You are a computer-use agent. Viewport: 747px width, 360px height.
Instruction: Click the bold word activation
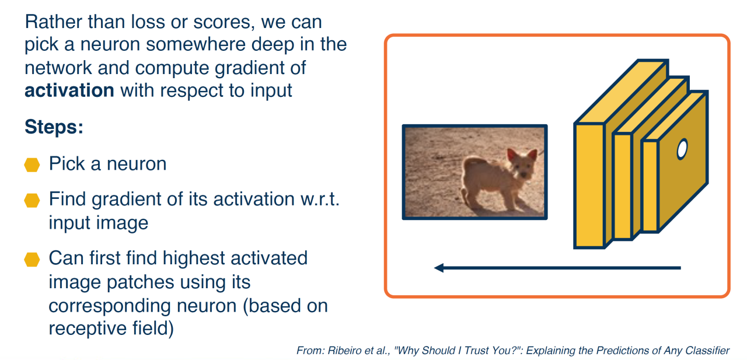coord(69,90)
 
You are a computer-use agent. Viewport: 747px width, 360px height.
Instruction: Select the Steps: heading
coord(54,127)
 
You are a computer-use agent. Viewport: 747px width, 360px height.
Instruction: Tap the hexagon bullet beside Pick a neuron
coord(32,165)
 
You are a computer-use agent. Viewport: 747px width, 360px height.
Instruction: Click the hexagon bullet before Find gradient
coord(32,200)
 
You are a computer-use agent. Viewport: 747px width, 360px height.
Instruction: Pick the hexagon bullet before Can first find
coord(32,259)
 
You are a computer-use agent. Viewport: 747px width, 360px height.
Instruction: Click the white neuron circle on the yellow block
coord(682,149)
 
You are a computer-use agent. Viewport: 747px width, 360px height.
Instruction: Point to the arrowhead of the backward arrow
coord(439,268)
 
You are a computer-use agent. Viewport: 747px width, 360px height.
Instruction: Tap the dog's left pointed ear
coord(512,155)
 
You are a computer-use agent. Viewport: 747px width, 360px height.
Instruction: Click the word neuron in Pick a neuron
coord(137,164)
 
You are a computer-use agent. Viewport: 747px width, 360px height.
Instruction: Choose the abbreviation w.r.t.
coord(320,200)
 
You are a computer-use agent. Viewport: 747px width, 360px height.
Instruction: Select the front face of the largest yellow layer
coord(589,186)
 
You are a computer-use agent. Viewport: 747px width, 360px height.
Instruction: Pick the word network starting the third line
coord(58,68)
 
